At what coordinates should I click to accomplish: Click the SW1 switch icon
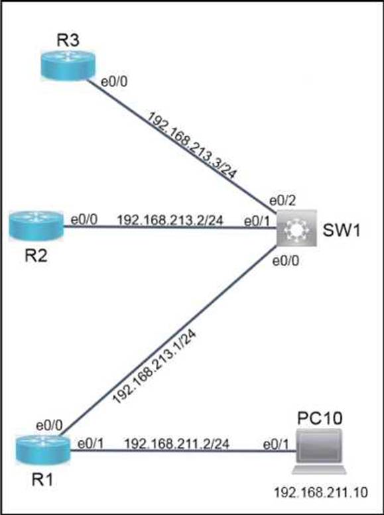click(x=296, y=228)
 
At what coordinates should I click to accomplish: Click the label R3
click(x=68, y=40)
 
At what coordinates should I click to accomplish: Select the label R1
click(x=43, y=480)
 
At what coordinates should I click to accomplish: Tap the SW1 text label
click(x=342, y=231)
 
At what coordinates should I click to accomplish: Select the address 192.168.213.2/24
click(x=170, y=221)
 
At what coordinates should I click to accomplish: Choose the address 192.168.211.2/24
click(x=176, y=444)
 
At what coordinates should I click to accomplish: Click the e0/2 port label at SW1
click(x=281, y=200)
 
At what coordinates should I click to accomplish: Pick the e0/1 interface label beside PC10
click(x=276, y=445)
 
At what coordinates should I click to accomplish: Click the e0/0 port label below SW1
click(x=286, y=261)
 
